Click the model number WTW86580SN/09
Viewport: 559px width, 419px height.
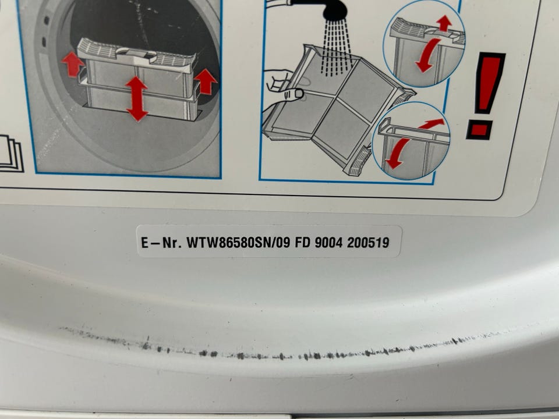click(239, 243)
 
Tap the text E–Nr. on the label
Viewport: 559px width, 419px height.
click(162, 243)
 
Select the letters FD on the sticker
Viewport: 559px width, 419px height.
click(302, 243)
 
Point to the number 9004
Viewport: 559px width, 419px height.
click(328, 243)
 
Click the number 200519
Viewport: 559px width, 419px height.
click(368, 243)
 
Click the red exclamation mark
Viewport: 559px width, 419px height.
click(485, 95)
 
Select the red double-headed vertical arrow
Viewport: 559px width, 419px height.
click(136, 99)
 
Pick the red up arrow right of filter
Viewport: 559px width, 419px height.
click(206, 81)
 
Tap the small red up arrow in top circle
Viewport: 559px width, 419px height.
click(444, 23)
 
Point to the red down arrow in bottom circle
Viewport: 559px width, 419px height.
click(397, 153)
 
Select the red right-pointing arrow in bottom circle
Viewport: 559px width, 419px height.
click(431, 123)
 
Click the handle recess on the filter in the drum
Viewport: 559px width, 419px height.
click(137, 55)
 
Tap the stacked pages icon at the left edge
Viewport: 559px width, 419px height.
click(10, 153)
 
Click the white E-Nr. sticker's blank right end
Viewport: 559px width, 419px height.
click(396, 242)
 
